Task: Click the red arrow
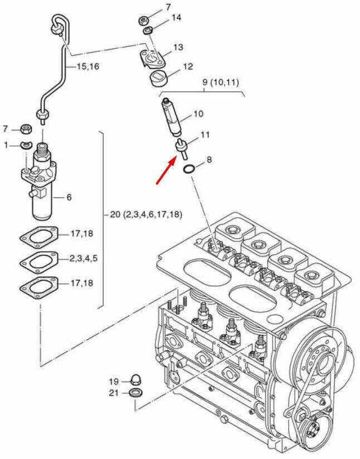tap(167, 170)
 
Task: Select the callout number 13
tap(178, 47)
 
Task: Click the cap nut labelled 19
tap(135, 379)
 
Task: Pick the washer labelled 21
tap(135, 393)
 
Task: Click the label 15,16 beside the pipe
tap(88, 66)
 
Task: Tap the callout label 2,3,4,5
tap(84, 258)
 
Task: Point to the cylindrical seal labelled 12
tap(157, 79)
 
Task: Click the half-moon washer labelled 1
tap(25, 145)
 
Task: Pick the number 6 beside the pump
tap(69, 197)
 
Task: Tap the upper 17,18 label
tap(82, 233)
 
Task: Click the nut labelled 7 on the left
tap(26, 129)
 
